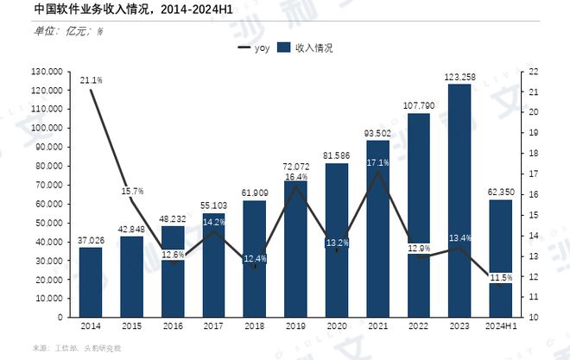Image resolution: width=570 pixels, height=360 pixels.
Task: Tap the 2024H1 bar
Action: pyautogui.click(x=501, y=258)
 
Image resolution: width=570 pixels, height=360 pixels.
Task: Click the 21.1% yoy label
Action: pyautogui.click(x=92, y=80)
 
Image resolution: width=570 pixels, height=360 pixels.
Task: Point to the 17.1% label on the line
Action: pyautogui.click(x=377, y=161)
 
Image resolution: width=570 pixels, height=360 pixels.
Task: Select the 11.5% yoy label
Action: pyautogui.click(x=501, y=277)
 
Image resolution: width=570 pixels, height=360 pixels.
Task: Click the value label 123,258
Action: pyautogui.click(x=459, y=77)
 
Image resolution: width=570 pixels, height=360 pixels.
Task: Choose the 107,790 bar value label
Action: pyautogui.click(x=418, y=106)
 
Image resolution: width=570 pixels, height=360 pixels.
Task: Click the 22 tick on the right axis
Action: pyautogui.click(x=534, y=71)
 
